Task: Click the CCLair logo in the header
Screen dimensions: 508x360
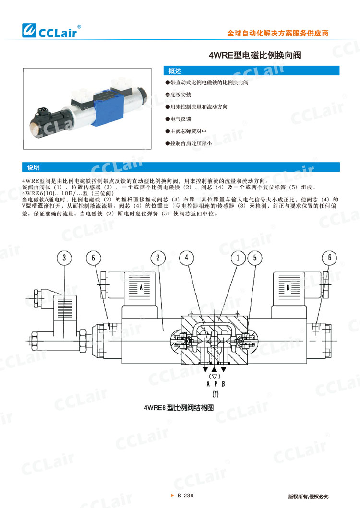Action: (52, 30)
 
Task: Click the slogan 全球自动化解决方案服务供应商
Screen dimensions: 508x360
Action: (277, 34)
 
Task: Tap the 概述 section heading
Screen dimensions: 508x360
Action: (175, 71)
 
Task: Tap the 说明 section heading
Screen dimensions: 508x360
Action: (34, 167)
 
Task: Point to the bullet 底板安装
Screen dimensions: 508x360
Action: (180, 95)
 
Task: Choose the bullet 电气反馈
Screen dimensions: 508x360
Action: (180, 118)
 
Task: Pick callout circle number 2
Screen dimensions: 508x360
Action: (158, 258)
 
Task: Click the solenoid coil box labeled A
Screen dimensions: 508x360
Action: (141, 287)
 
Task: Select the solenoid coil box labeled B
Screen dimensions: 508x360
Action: (288, 287)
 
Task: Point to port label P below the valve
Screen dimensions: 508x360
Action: (216, 384)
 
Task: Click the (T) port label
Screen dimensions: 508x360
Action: (216, 395)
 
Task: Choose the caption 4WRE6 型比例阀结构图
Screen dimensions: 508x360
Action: (179, 408)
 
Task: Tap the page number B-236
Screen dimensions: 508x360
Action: (185, 496)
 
